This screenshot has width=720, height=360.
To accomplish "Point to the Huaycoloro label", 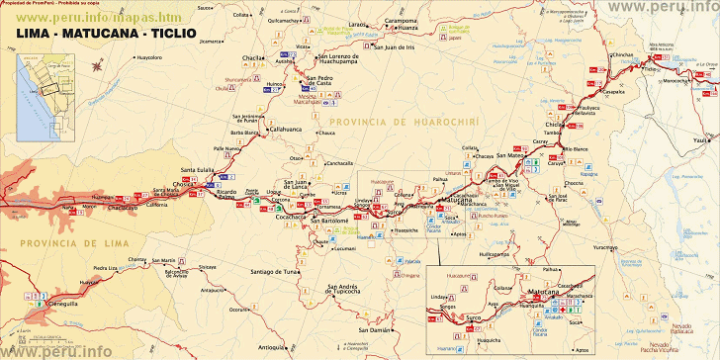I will point(149,57).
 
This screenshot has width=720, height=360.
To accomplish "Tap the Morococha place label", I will point(677,80).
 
